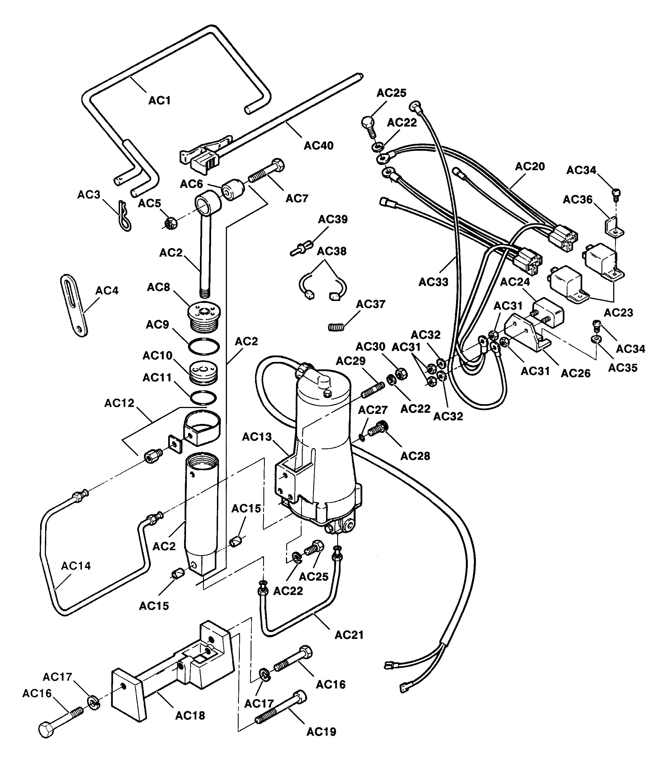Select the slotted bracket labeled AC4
coord(74,305)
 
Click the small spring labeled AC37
coord(336,327)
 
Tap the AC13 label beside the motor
coord(257,437)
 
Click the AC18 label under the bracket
coord(190,716)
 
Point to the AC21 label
coord(349,635)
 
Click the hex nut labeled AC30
coord(401,374)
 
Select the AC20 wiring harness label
coord(530,166)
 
